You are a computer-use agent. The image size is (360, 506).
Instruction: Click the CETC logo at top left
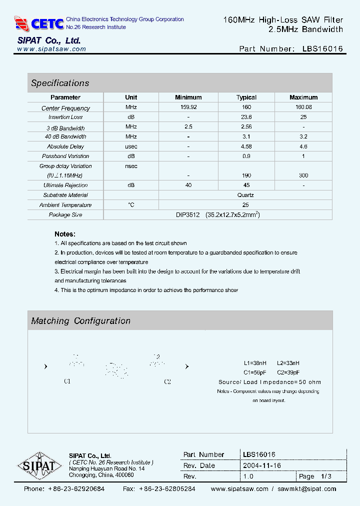(x=39, y=23)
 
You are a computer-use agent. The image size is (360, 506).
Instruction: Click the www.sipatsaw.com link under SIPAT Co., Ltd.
(x=51, y=49)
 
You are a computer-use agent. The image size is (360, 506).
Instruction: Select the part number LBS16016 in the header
(x=322, y=49)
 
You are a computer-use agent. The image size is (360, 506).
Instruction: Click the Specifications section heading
(x=60, y=83)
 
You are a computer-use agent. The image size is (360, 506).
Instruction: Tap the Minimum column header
(x=188, y=97)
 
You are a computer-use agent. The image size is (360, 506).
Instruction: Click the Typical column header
(x=246, y=97)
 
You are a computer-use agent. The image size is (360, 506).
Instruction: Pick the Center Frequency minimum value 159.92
(x=188, y=107)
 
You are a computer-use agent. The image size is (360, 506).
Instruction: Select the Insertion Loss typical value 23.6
(x=246, y=117)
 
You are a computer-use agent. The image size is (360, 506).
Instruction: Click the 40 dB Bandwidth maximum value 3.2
(x=303, y=136)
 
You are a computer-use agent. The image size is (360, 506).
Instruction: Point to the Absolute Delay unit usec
(x=131, y=146)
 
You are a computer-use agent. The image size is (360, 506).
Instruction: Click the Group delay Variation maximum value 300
(x=303, y=175)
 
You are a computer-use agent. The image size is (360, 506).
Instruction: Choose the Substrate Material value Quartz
(x=246, y=195)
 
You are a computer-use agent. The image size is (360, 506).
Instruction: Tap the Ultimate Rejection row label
(x=65, y=185)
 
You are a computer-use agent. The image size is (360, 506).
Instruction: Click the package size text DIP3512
(x=187, y=214)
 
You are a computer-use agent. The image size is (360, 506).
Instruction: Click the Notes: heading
(x=65, y=234)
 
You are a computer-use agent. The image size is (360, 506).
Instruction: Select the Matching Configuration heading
(x=80, y=321)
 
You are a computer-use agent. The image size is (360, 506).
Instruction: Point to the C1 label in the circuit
(x=67, y=381)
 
